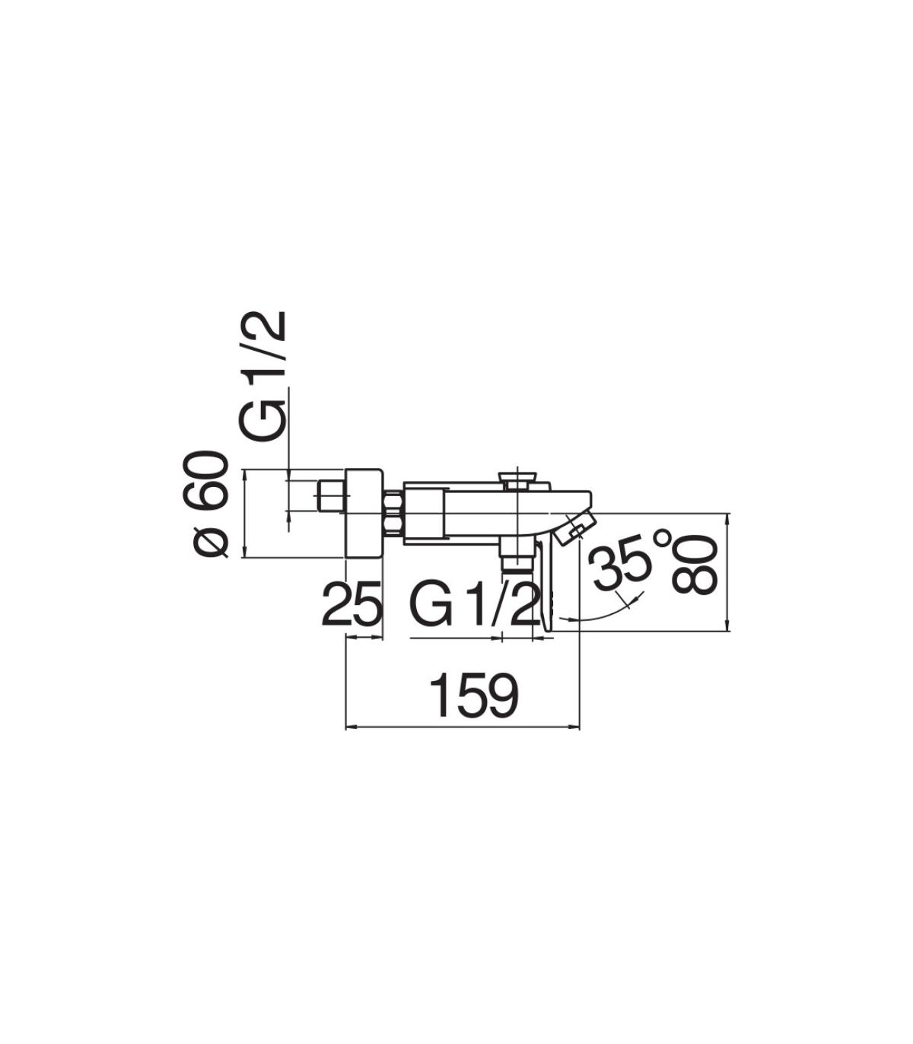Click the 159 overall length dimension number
[474, 696]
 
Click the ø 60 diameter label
[210, 504]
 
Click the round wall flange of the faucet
[364, 514]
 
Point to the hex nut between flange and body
[393, 513]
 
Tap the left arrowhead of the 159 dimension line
[350, 727]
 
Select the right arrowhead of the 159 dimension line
[575, 727]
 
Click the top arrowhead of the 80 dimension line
[728, 517]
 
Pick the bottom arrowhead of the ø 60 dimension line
[245, 554]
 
